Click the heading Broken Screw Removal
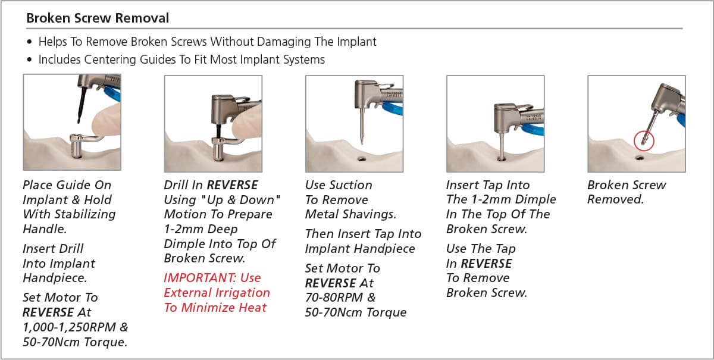tap(98, 18)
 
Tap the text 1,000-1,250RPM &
tap(75, 327)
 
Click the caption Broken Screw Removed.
tap(626, 192)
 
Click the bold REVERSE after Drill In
tap(232, 185)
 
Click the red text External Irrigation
tap(217, 293)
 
